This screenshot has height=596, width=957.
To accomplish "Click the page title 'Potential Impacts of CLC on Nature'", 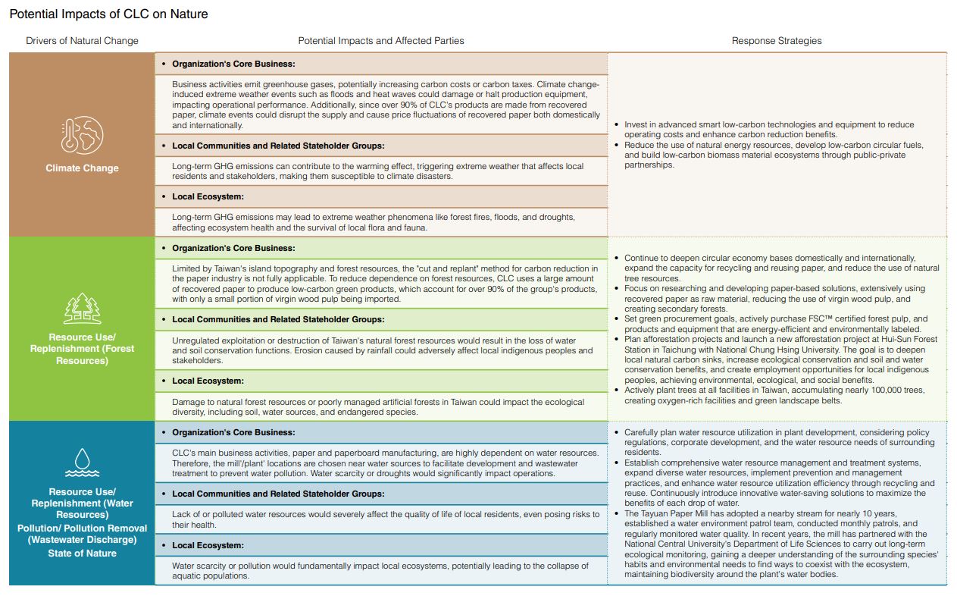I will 108,14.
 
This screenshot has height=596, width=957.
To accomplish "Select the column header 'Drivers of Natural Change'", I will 82,41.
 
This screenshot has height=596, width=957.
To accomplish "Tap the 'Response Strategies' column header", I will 776,41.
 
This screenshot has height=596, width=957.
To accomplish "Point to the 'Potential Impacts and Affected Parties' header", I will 380,41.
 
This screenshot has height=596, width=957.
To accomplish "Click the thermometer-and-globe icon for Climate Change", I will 82,135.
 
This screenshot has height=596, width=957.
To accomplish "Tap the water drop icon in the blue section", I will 82,461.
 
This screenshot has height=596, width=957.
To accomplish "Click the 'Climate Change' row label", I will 82,168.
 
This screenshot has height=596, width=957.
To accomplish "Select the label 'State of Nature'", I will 82,554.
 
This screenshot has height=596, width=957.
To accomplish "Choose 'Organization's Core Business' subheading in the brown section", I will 233,64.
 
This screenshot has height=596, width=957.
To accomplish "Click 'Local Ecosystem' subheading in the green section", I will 208,381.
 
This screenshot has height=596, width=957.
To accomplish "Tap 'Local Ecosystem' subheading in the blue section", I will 208,545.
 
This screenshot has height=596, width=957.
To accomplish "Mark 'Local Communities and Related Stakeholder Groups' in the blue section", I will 278,494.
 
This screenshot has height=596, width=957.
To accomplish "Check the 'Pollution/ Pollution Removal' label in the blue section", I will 82,528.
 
